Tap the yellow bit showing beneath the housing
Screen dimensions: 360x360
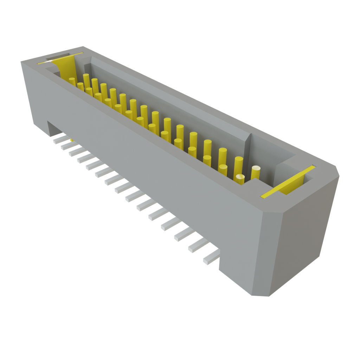pyautogui.click(x=72, y=141)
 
